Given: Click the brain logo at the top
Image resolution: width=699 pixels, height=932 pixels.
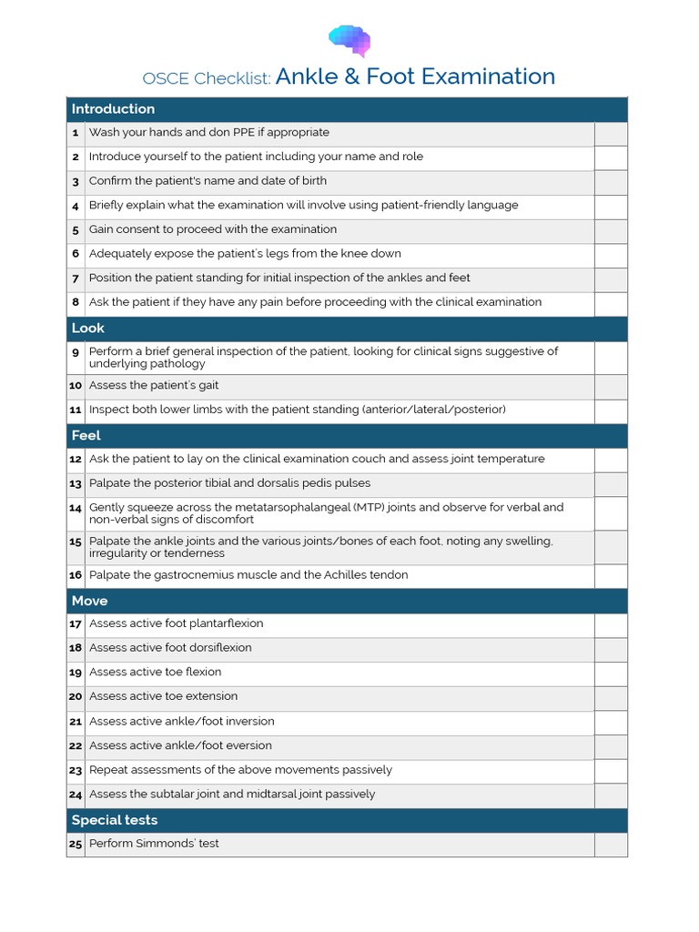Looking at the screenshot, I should pyautogui.click(x=349, y=40).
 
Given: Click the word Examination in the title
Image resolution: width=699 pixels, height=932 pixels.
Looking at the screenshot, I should pyautogui.click(x=484, y=76).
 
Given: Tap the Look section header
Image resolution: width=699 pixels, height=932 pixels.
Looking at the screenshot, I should pyautogui.click(x=88, y=329).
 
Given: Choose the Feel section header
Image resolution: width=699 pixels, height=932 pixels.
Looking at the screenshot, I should pyautogui.click(x=86, y=436).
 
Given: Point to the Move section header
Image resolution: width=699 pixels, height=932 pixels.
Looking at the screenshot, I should pyautogui.click(x=89, y=601).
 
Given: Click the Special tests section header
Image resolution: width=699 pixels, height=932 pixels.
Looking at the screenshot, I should pyautogui.click(x=115, y=820).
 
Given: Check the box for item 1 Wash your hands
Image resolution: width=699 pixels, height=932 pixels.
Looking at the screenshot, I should pyautogui.click(x=610, y=133).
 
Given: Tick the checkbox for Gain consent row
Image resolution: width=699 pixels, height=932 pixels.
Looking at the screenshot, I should pyautogui.click(x=610, y=230).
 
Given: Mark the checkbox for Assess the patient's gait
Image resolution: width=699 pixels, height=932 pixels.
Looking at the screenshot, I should pyautogui.click(x=610, y=386).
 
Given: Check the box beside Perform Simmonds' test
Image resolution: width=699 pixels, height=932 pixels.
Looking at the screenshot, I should pyautogui.click(x=610, y=845).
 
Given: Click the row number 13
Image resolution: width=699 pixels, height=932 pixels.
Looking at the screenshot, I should pyautogui.click(x=76, y=484).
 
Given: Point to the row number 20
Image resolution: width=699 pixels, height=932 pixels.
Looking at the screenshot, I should pyautogui.click(x=76, y=697).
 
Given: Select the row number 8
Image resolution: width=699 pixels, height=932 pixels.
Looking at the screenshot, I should pyautogui.click(x=76, y=303).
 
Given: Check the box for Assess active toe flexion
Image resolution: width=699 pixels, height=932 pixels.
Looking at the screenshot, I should pyautogui.click(x=610, y=674).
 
